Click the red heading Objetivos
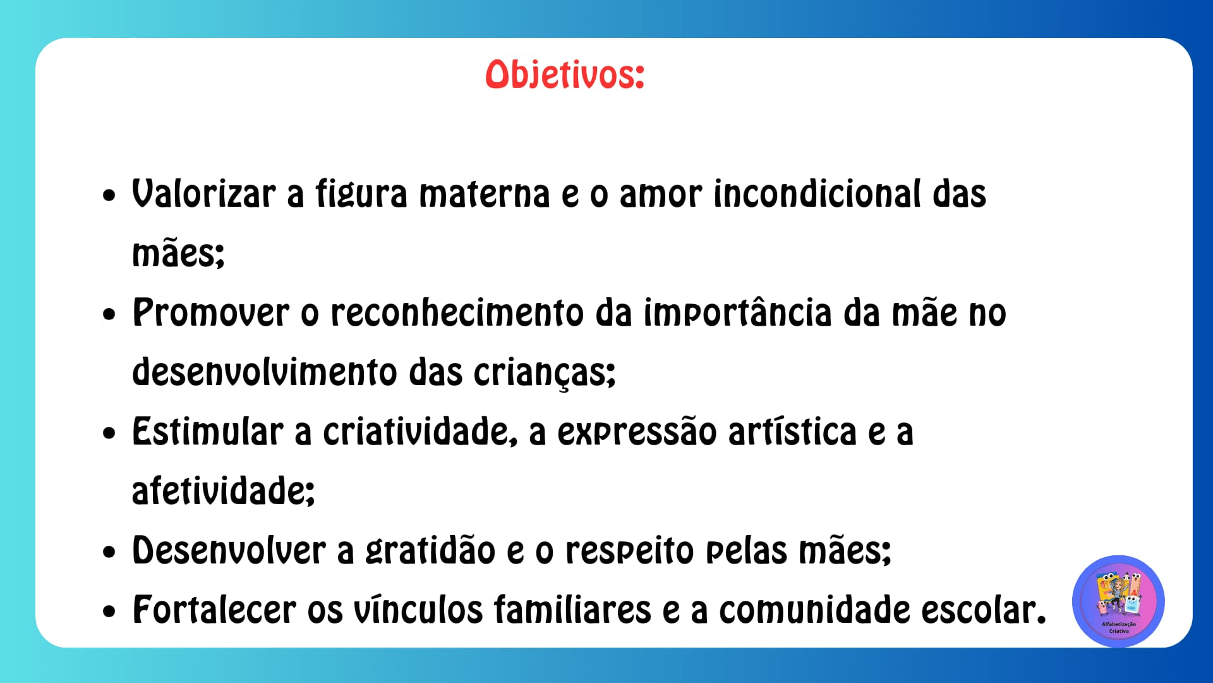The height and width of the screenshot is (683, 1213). (564, 75)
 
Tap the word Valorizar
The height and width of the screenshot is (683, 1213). (203, 194)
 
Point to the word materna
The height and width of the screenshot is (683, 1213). (485, 194)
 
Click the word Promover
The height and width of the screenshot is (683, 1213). (211, 312)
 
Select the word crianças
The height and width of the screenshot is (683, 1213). (544, 373)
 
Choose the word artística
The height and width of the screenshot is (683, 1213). (793, 432)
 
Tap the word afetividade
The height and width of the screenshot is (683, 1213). (223, 491)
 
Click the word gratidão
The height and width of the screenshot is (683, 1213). (430, 551)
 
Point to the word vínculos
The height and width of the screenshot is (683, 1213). (418, 610)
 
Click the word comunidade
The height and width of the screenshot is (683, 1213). (814, 610)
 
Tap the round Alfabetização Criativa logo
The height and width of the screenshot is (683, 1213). (1118, 601)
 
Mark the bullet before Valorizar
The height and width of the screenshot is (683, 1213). (110, 195)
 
